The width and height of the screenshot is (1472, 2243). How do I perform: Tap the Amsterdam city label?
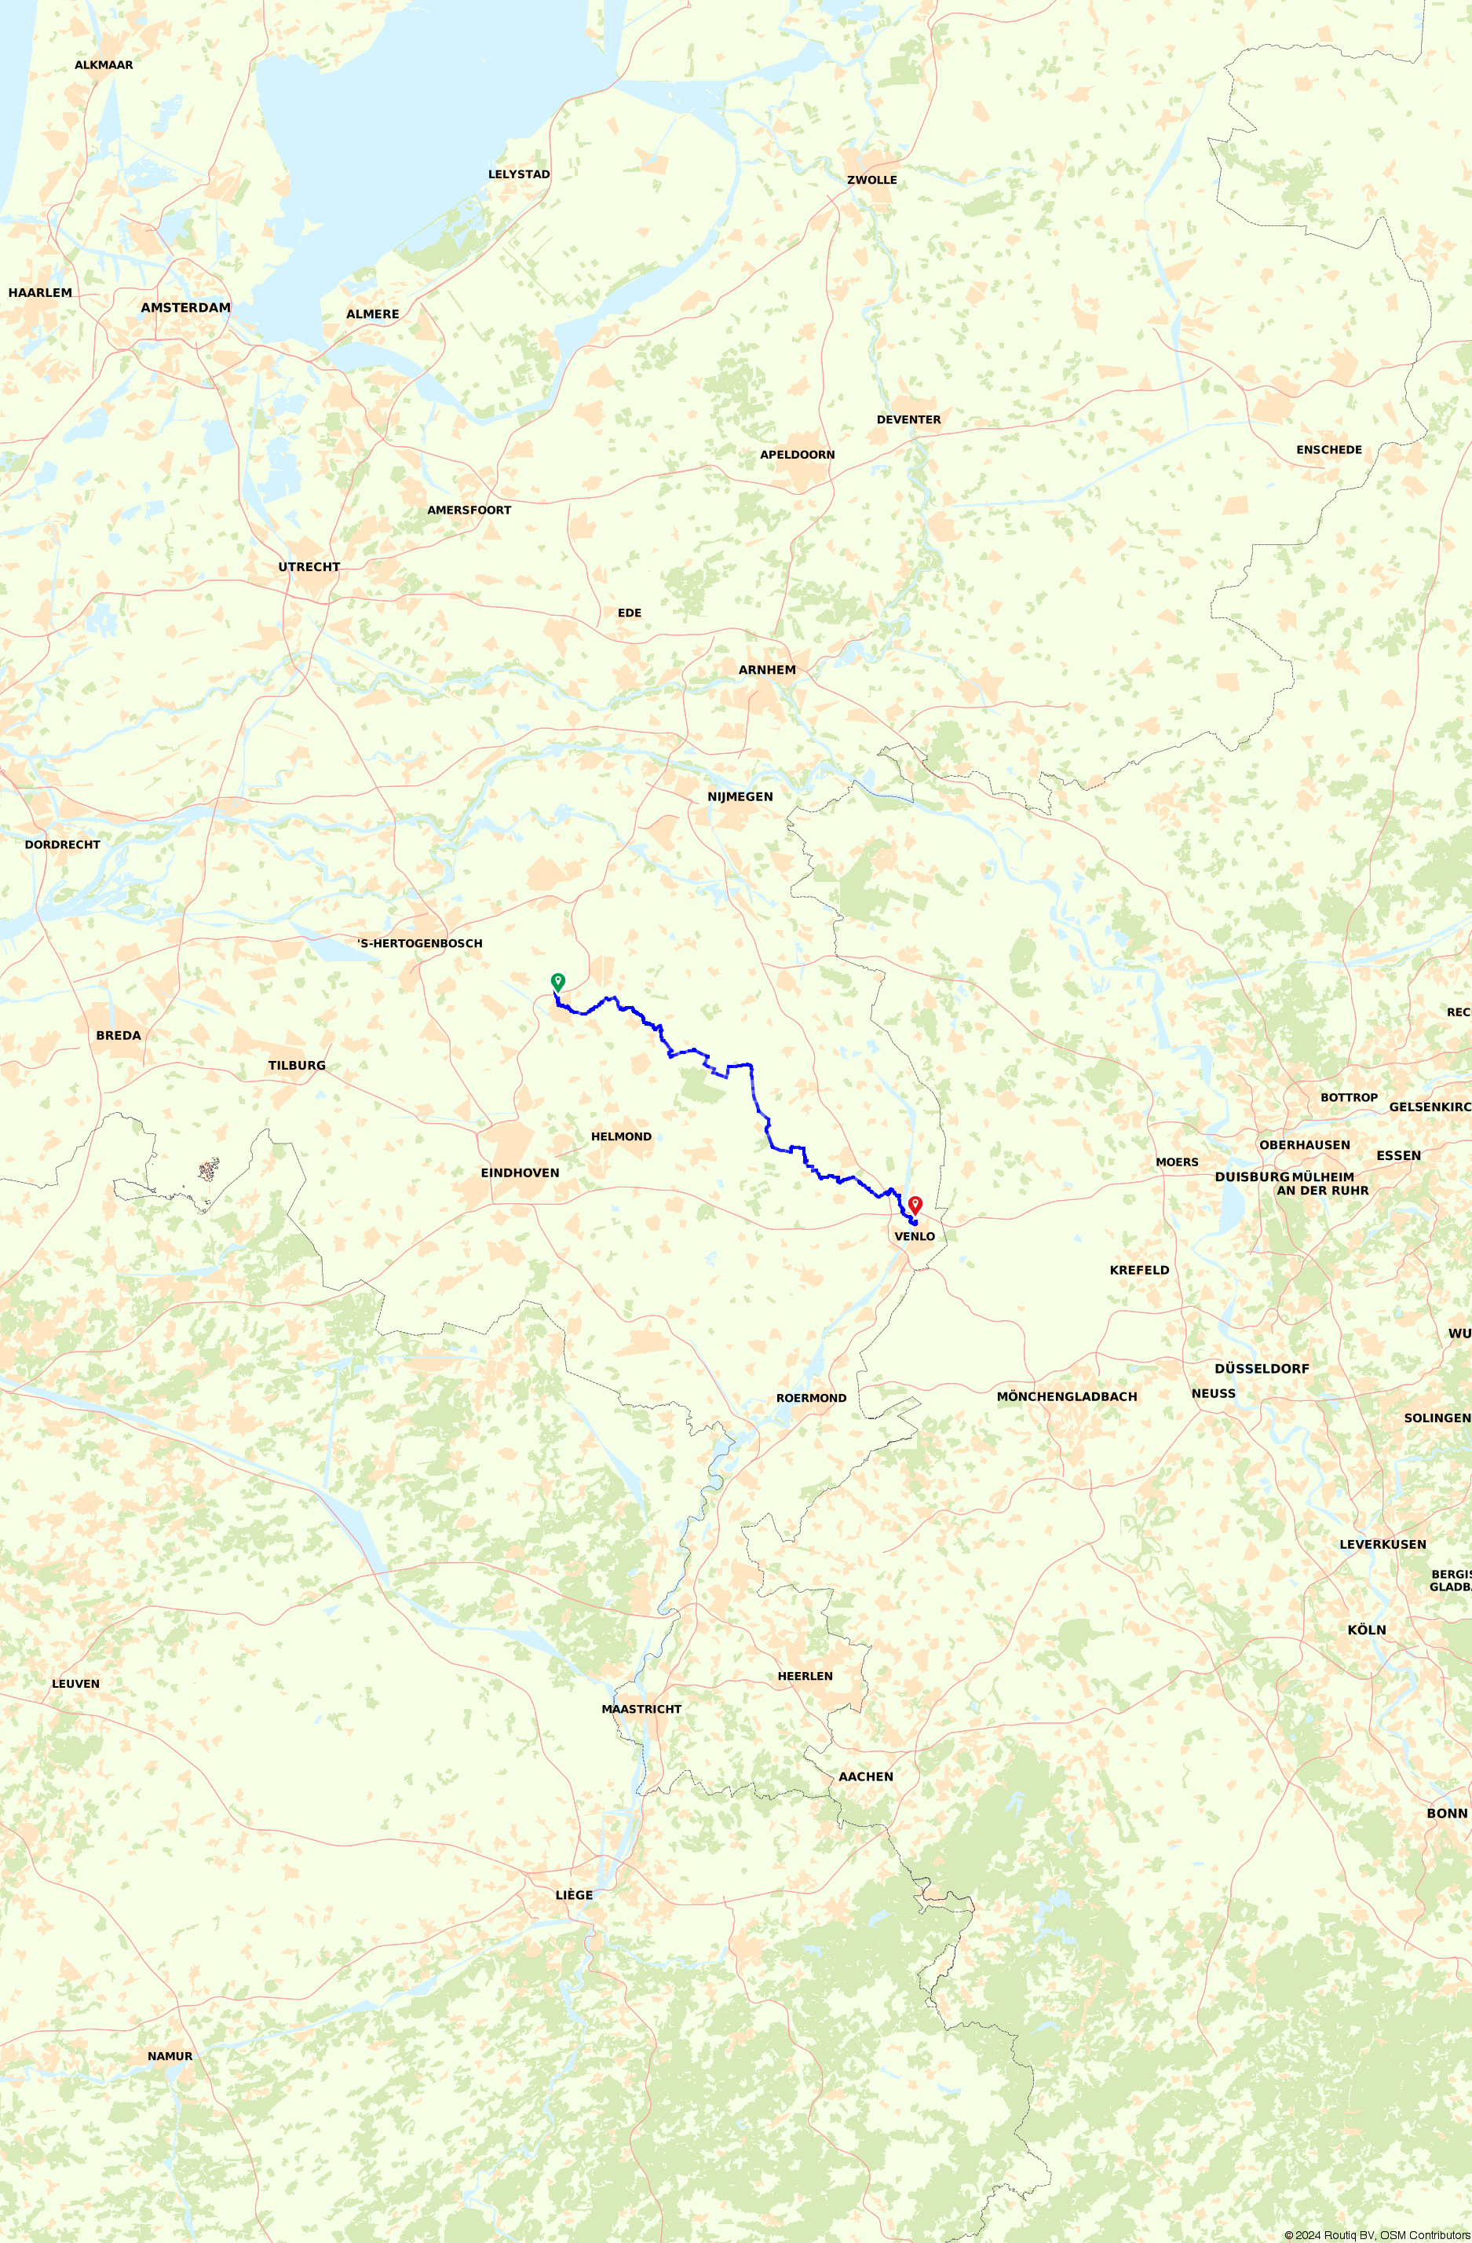pyautogui.click(x=185, y=307)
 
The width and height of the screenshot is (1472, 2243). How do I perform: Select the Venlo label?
pyautogui.click(x=914, y=1236)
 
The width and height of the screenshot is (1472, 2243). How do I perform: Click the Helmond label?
pyautogui.click(x=621, y=1136)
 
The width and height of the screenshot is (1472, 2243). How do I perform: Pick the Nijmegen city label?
pyautogui.click(x=740, y=796)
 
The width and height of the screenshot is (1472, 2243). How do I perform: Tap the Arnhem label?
pyautogui.click(x=767, y=669)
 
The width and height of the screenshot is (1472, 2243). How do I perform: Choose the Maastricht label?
pyautogui.click(x=641, y=1709)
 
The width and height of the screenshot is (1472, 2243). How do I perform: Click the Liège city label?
pyautogui.click(x=574, y=1894)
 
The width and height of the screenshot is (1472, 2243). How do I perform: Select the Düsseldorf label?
pyautogui.click(x=1262, y=1368)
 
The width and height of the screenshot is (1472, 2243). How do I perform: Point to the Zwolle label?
pyautogui.click(x=871, y=180)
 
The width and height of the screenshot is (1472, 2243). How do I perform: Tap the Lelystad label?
pyautogui.click(x=518, y=174)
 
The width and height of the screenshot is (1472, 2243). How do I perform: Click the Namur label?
pyautogui.click(x=170, y=2055)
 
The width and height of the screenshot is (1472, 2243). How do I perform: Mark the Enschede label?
pyautogui.click(x=1329, y=449)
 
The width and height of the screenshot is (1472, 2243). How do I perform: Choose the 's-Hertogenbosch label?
pyautogui.click(x=419, y=943)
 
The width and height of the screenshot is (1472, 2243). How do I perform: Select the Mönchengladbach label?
pyautogui.click(x=1067, y=1396)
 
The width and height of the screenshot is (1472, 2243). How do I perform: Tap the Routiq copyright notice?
pyautogui.click(x=1376, y=2234)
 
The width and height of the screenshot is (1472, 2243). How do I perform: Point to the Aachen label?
pyautogui.click(x=865, y=1776)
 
